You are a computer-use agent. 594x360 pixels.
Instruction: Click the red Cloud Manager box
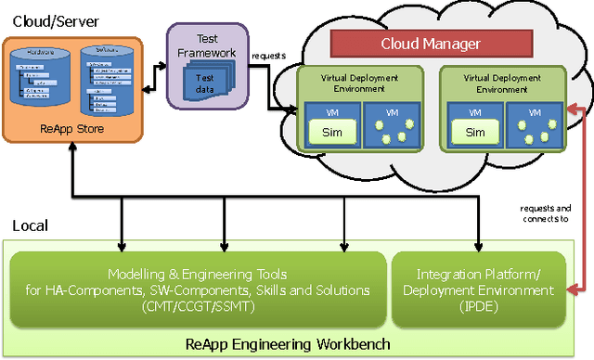coord(431,43)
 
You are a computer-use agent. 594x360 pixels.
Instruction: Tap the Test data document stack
coord(207,83)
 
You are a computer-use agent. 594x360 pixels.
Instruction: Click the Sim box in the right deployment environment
coord(474,132)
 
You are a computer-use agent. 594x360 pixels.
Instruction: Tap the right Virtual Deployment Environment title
coord(502,84)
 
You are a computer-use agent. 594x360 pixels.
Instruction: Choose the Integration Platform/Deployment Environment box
coord(480,289)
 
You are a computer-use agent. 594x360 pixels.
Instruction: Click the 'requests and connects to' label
coord(544,216)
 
